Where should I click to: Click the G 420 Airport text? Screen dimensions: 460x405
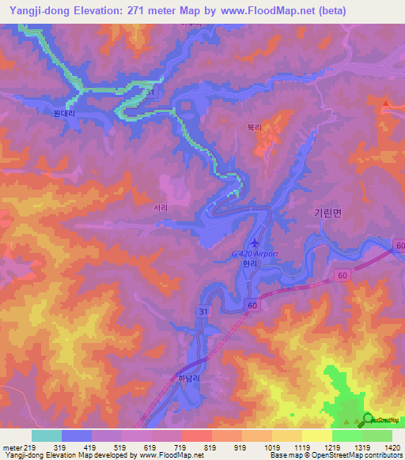pos(255,254)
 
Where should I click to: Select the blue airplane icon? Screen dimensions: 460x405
pos(254,242)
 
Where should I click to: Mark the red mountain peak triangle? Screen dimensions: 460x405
pos(385,102)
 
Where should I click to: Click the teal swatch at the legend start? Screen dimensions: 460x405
pos(46,435)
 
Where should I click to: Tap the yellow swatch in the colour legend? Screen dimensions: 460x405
pos(316,435)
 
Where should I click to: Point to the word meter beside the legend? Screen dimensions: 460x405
pos(12,447)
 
